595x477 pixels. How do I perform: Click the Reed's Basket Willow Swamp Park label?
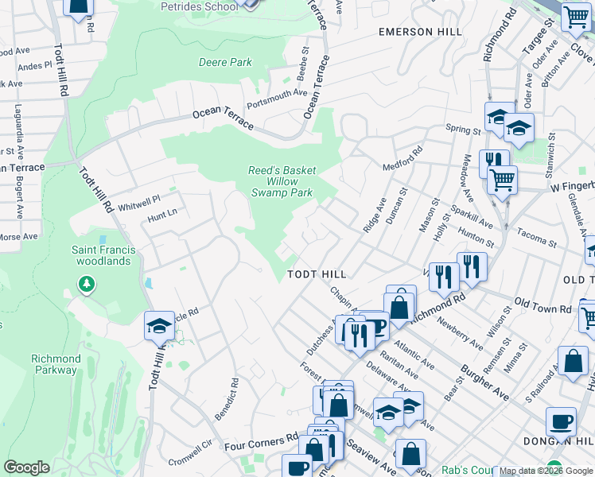point(282,181)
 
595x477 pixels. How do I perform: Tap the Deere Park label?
point(224,62)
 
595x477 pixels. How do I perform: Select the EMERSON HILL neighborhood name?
point(420,32)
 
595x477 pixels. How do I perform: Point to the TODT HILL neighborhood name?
point(317,274)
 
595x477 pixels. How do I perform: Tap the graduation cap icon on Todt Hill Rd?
point(159,325)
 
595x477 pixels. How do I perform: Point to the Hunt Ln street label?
point(162,214)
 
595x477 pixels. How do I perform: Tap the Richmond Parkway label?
point(56,364)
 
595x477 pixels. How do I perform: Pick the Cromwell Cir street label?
point(192,455)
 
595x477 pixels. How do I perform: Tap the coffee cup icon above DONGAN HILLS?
point(561,421)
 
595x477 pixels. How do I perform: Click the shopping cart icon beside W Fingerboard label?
point(503,180)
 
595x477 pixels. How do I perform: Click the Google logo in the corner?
point(26,467)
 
